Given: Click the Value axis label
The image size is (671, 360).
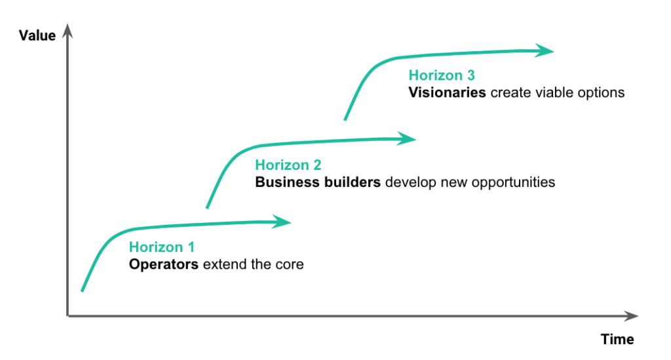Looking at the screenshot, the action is pos(37,35).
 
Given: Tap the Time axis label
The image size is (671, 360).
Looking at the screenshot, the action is pos(617,339).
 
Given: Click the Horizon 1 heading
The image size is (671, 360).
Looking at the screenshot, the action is pos(162,247).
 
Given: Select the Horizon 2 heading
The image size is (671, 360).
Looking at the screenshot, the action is pos(288,165).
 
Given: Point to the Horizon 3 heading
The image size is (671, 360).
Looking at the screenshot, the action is pos(442,75).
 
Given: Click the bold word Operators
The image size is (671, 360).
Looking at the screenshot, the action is pos(163,264).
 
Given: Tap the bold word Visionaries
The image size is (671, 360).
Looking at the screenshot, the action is pos(447,92).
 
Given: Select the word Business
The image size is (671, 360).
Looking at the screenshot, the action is pos(287,182).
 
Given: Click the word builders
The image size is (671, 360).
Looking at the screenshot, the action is pos(352,182).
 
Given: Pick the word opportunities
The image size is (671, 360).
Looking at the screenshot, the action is pos(513,183).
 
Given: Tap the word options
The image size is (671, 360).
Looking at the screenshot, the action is pos(602,93).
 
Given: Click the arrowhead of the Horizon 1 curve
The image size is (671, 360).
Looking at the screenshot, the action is pos(282,222).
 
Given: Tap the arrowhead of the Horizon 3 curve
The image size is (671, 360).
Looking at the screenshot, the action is pos(545,51).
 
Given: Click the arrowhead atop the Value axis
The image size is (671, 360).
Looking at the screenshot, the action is pos(67,31).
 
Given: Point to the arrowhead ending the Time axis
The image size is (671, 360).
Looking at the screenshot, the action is pos(631,316).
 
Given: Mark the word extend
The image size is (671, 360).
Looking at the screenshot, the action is pos(225,264).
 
